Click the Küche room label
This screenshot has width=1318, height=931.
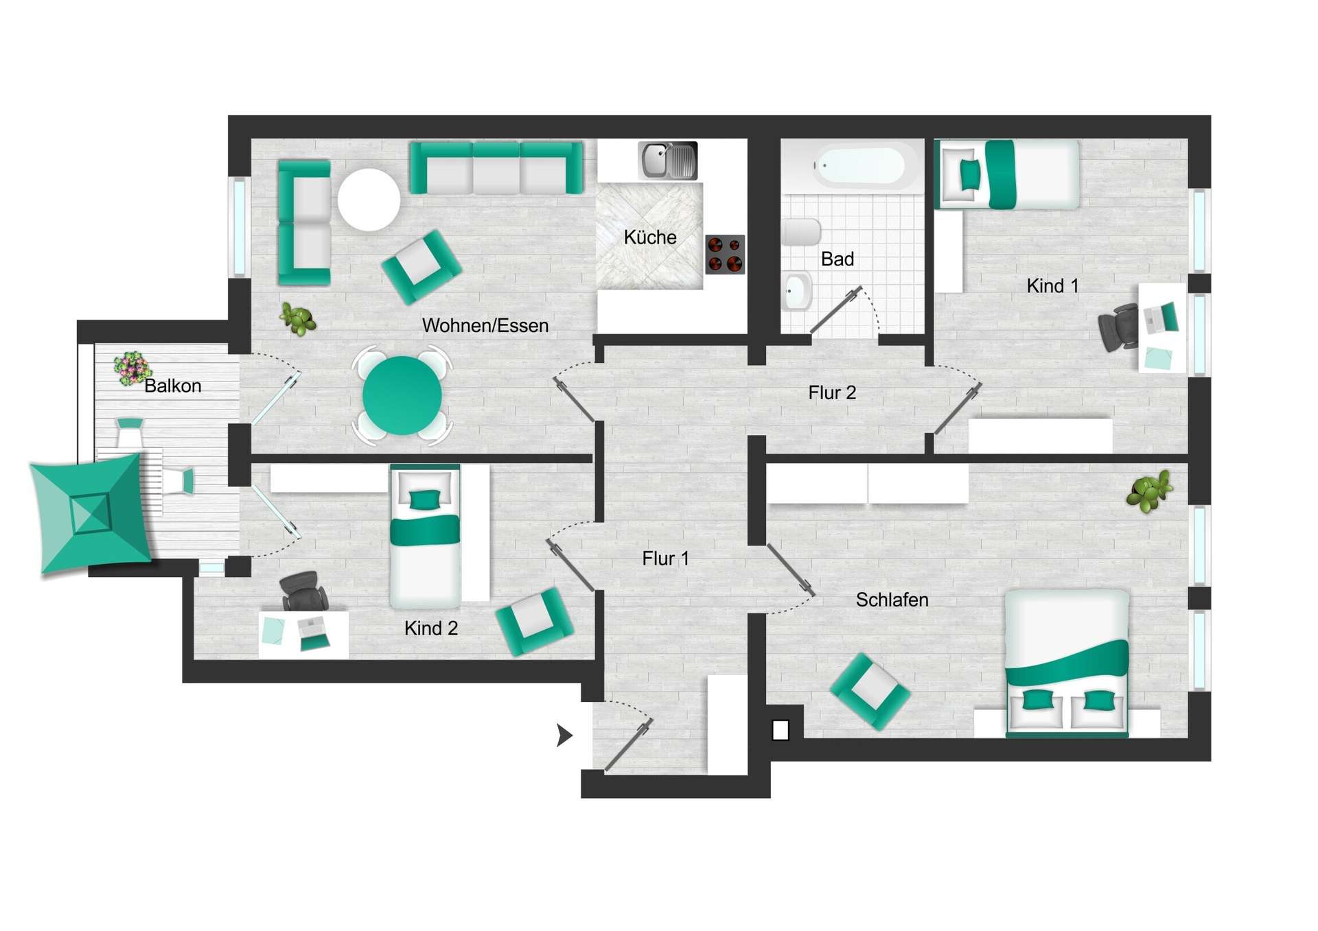click(649, 237)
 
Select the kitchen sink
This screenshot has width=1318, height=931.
click(667, 161)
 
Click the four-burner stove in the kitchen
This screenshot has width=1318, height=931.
click(725, 254)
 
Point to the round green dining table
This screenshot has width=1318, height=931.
click(402, 396)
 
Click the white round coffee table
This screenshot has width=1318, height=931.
click(369, 199)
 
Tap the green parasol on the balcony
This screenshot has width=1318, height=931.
click(89, 513)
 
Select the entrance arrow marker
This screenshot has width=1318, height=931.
click(564, 735)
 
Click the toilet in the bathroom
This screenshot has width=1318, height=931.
click(800, 232)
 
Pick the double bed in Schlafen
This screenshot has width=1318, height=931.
click(1066, 662)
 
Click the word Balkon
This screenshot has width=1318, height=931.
click(172, 386)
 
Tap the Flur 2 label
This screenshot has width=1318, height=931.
click(832, 393)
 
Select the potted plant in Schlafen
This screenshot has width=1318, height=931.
click(1149, 491)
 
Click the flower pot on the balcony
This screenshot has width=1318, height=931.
click(131, 368)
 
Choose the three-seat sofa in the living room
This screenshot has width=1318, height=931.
click(496, 167)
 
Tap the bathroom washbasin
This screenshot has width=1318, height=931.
click(796, 292)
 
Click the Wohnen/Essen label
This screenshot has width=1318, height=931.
click(485, 326)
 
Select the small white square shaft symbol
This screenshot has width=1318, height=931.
click(781, 730)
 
